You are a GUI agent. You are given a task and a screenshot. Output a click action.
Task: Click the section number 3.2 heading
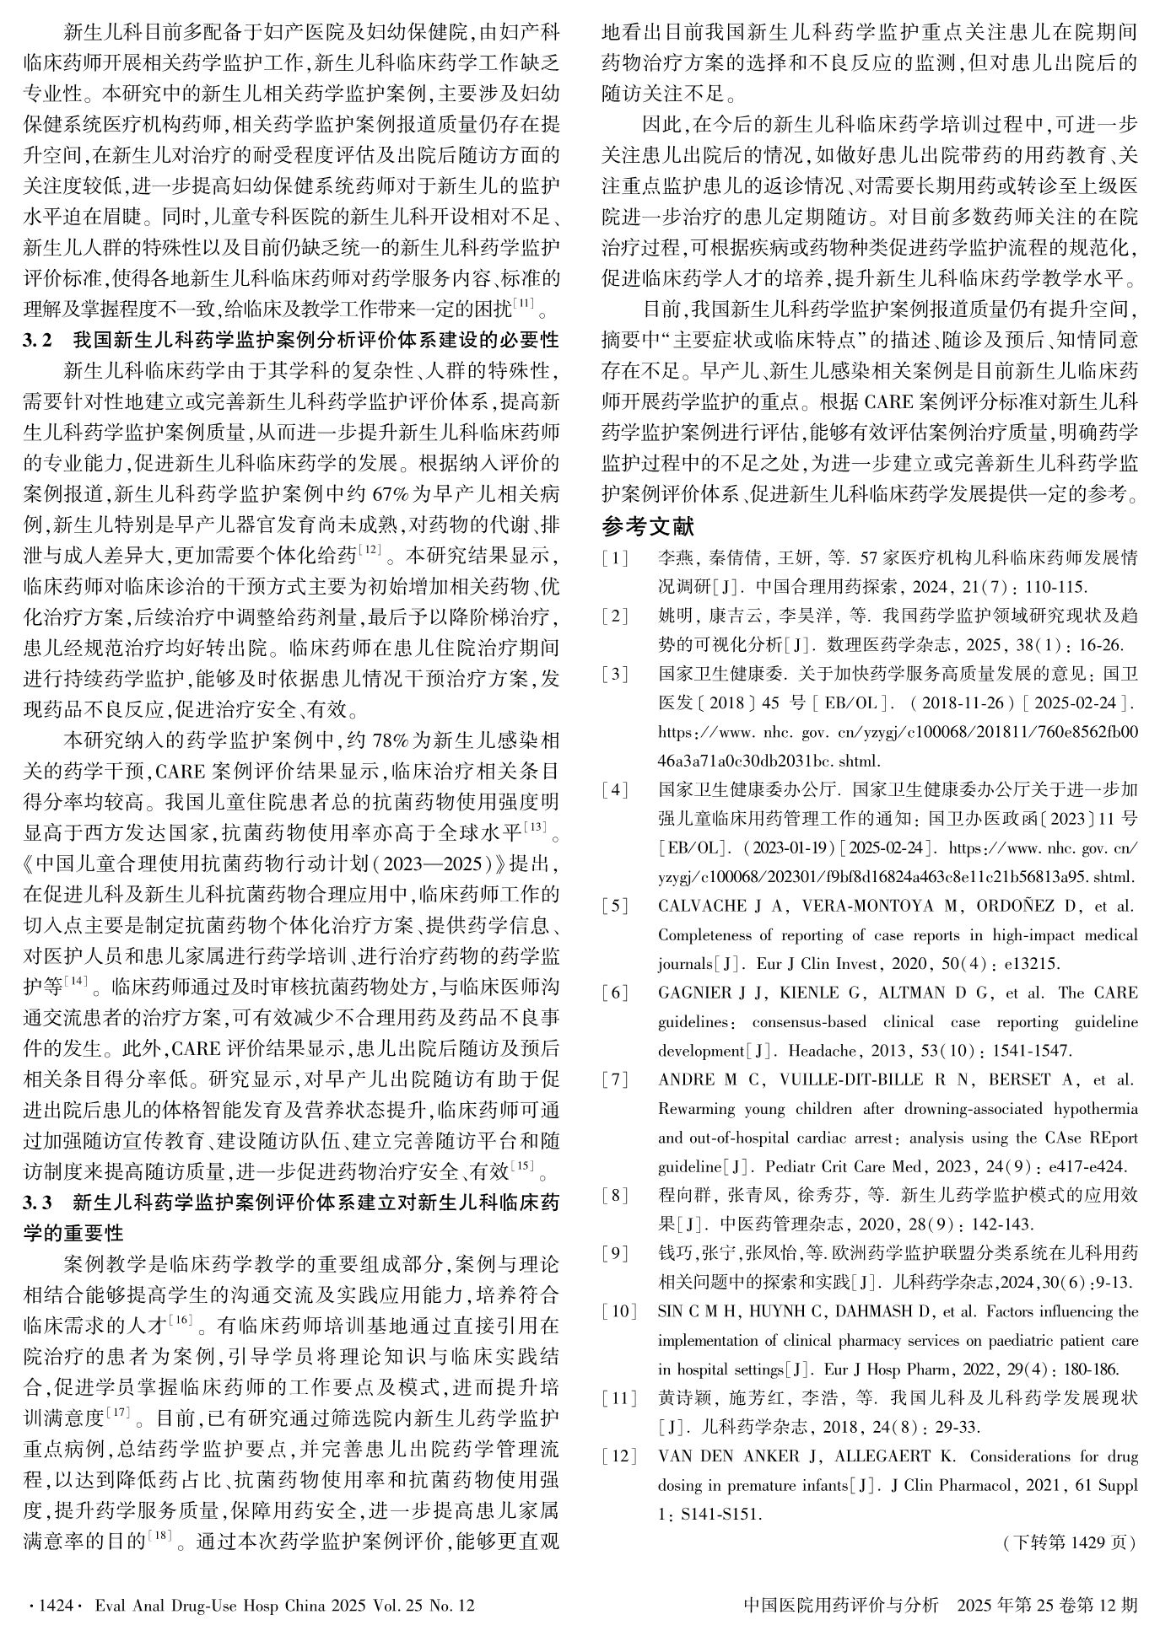[38, 341]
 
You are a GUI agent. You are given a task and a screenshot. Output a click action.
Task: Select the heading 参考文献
[648, 527]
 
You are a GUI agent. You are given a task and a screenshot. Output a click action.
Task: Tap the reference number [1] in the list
[615, 558]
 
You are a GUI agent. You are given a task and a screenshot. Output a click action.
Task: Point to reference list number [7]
[615, 1079]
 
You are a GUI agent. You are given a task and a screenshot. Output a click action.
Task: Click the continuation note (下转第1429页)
[1069, 1542]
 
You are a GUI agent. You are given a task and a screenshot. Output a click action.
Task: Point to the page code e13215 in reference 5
[1034, 964]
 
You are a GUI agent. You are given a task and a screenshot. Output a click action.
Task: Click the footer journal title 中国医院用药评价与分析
[841, 1606]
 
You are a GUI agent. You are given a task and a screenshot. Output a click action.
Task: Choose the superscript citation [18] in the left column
[159, 1536]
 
